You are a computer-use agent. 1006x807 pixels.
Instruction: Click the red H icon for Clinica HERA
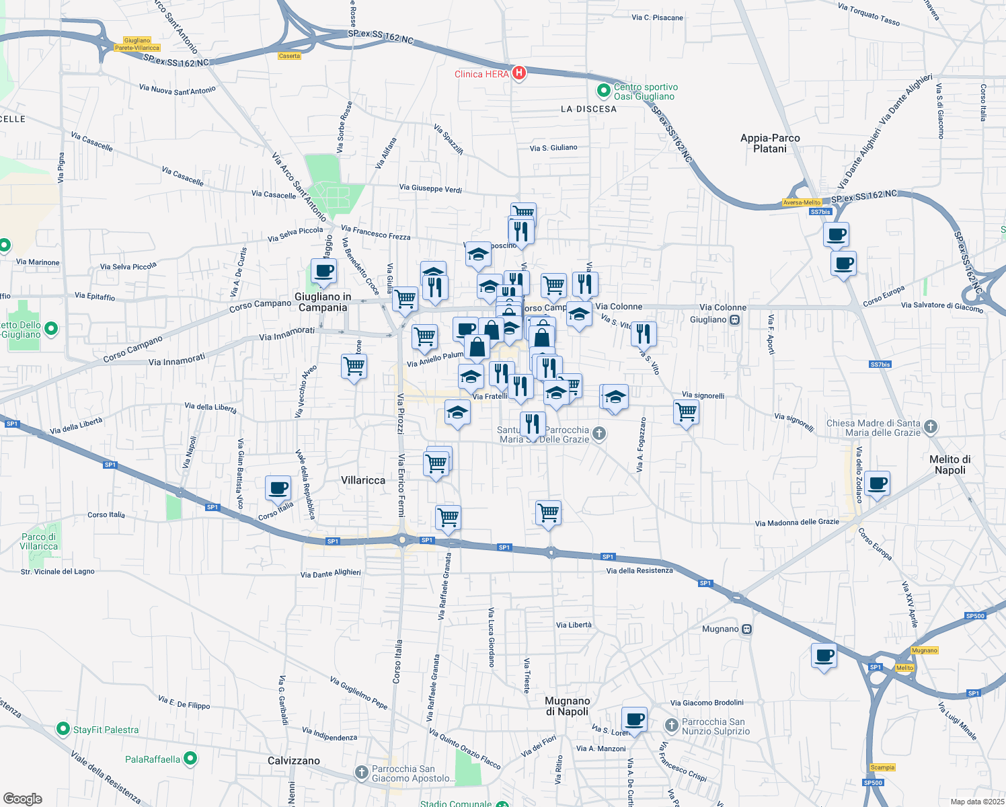tap(518, 73)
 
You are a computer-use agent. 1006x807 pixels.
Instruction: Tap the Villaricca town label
tap(363, 480)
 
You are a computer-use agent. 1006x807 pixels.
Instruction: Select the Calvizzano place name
tap(294, 761)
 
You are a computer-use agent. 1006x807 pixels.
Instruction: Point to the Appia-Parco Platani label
tap(770, 143)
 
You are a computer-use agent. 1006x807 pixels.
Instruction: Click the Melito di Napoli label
tap(950, 465)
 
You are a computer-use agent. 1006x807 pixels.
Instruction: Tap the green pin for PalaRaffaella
tap(190, 759)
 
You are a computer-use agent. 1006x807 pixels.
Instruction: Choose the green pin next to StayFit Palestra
tap(63, 729)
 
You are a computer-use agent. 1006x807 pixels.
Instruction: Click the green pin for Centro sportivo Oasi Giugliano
tap(604, 90)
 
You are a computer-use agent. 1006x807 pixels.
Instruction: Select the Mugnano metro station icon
tap(746, 629)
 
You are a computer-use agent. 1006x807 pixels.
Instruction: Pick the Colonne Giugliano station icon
tap(734, 320)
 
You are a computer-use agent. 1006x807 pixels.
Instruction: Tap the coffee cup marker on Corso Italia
tap(278, 488)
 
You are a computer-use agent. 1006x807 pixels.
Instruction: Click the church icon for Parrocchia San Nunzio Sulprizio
tap(671, 726)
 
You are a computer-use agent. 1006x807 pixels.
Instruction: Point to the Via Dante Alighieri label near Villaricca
tap(330, 574)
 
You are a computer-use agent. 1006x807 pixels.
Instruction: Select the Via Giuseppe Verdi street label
tap(430, 188)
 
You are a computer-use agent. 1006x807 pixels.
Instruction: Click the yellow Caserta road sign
tap(289, 56)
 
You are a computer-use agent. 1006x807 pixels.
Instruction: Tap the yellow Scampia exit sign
tap(882, 767)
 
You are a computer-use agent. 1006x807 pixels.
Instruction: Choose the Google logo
tap(22, 799)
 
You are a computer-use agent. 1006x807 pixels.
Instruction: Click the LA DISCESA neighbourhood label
tap(588, 109)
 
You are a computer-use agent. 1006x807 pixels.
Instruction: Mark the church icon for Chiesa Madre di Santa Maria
tap(930, 426)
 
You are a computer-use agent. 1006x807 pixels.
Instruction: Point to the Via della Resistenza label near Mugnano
tap(639, 571)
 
